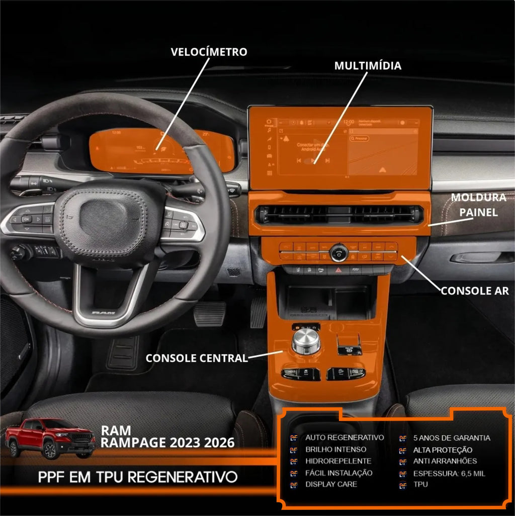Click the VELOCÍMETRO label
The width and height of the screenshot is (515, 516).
209,52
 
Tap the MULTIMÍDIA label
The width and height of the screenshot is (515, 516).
368,66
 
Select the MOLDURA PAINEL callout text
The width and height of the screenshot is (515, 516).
478,205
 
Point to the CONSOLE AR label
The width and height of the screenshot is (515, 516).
474,291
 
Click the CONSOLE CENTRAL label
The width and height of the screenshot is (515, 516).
197,358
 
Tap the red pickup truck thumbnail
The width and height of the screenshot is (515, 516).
50,438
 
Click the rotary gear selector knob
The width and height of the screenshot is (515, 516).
306,341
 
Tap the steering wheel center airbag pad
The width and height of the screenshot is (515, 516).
104,219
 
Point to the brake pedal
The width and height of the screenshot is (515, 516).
210,314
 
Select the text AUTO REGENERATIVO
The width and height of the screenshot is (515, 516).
345,438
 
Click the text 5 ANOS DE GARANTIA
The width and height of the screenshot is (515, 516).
452,438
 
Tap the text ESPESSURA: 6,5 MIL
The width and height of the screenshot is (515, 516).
449,473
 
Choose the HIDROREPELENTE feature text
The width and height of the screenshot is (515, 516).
338,461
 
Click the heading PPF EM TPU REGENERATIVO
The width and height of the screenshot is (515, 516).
138,476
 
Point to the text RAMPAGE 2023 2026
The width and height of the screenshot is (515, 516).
167,443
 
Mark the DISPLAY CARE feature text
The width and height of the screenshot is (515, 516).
331,484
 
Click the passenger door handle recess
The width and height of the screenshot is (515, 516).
481,257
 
